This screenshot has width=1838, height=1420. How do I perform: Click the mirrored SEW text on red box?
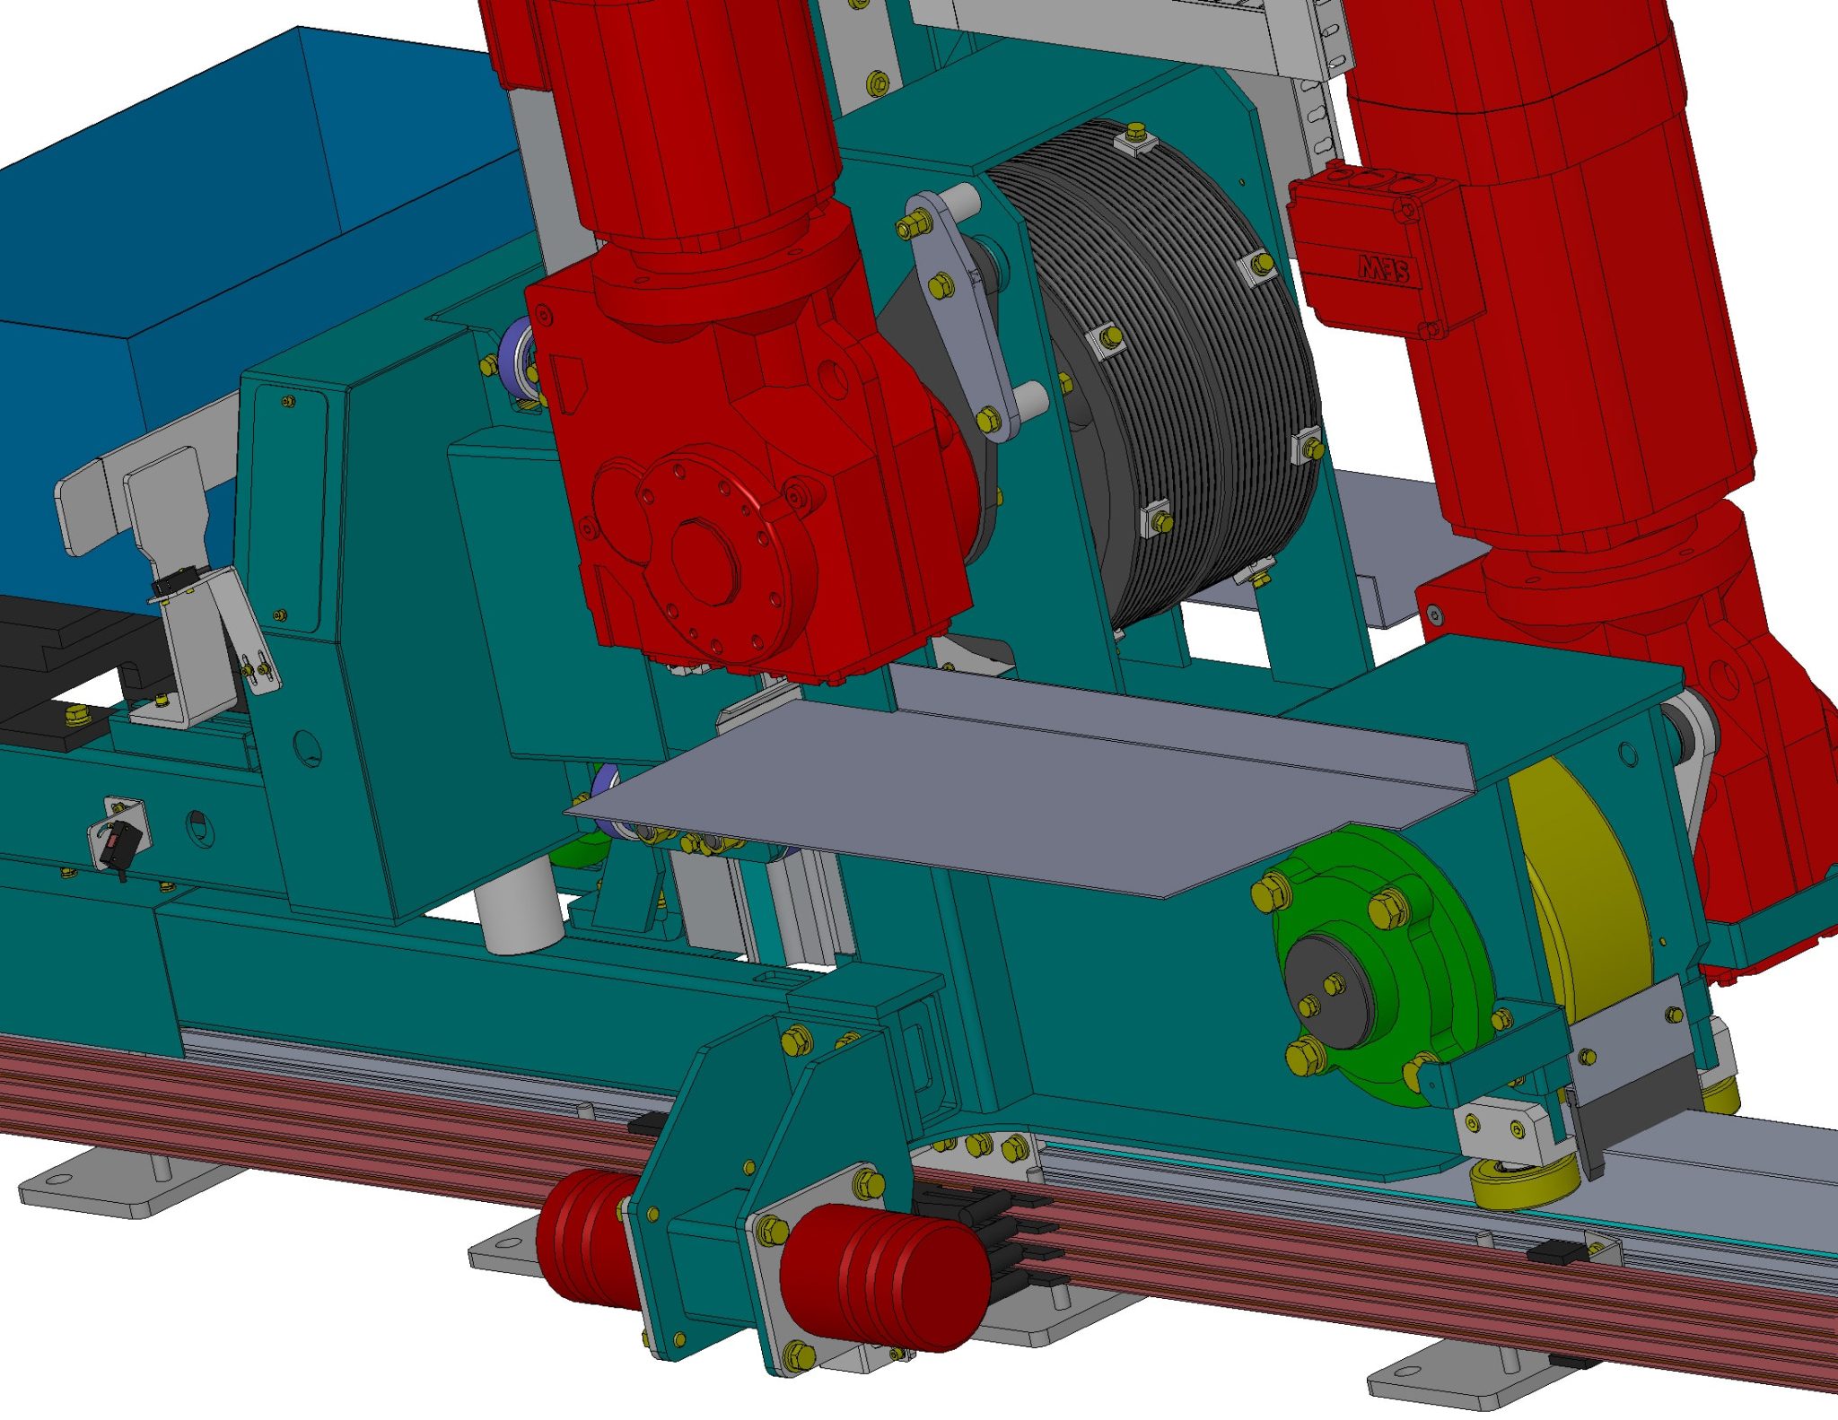click(x=1383, y=268)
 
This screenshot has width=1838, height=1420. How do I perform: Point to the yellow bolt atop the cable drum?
click(x=1135, y=133)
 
